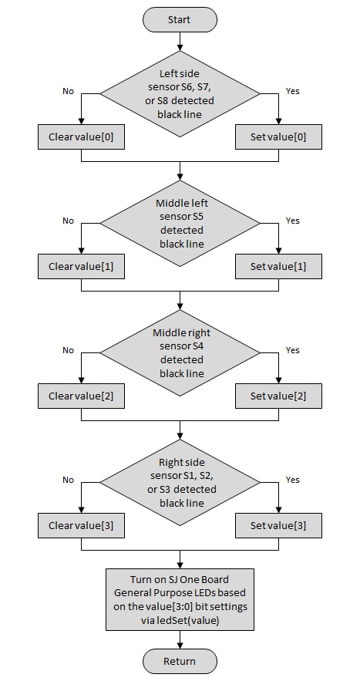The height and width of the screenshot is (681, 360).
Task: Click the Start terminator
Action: (x=180, y=19)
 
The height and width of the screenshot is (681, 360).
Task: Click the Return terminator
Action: (x=180, y=661)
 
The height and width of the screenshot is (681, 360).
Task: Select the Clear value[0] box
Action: (x=81, y=137)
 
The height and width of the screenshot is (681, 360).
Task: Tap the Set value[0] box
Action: (x=278, y=137)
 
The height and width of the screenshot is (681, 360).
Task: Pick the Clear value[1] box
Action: (x=81, y=266)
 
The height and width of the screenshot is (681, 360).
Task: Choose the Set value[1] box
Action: (x=278, y=266)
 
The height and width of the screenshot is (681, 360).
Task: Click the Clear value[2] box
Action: (x=81, y=396)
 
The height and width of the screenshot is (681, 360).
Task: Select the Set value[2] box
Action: (x=278, y=396)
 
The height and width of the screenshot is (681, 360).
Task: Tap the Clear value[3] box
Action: (x=81, y=525)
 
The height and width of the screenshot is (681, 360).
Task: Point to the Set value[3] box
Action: (x=278, y=525)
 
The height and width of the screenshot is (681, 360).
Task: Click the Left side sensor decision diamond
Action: (x=180, y=94)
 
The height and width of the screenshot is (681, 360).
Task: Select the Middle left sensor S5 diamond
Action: (x=180, y=223)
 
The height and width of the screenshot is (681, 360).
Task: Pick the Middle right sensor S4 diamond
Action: (x=180, y=352)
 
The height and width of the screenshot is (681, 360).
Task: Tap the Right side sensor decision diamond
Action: (x=180, y=483)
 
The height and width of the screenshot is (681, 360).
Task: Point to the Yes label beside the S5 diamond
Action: (x=293, y=221)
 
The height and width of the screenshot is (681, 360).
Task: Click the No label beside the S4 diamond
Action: (x=68, y=350)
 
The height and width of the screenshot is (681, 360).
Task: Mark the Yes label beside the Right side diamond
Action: (x=293, y=480)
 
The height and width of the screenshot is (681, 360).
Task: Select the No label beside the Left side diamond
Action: (x=68, y=91)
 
